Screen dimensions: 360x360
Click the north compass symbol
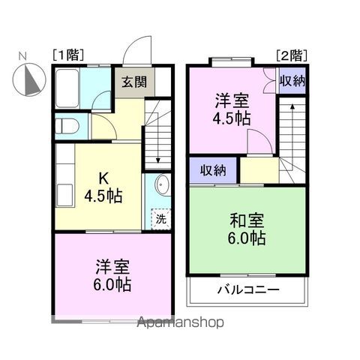click(x=29, y=79)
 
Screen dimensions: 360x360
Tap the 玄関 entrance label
click(x=134, y=82)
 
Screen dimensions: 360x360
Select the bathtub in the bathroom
click(x=67, y=88)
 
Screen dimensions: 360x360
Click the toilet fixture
click(x=67, y=126)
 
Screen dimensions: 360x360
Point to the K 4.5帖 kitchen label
click(x=103, y=187)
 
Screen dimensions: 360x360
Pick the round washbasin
click(x=162, y=184)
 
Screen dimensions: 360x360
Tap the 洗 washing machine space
click(x=160, y=219)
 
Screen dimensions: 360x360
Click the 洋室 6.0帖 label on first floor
click(x=112, y=275)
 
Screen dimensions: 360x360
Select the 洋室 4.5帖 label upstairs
click(x=232, y=109)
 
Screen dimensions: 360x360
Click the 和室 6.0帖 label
click(x=247, y=229)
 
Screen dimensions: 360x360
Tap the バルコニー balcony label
click(x=248, y=290)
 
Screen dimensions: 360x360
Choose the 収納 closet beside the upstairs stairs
click(x=292, y=80)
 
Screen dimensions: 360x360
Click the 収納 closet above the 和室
click(x=213, y=170)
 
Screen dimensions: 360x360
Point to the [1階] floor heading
click(x=68, y=55)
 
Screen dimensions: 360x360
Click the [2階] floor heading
click(x=292, y=55)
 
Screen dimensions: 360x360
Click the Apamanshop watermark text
click(x=180, y=322)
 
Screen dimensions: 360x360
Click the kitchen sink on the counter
click(x=65, y=195)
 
